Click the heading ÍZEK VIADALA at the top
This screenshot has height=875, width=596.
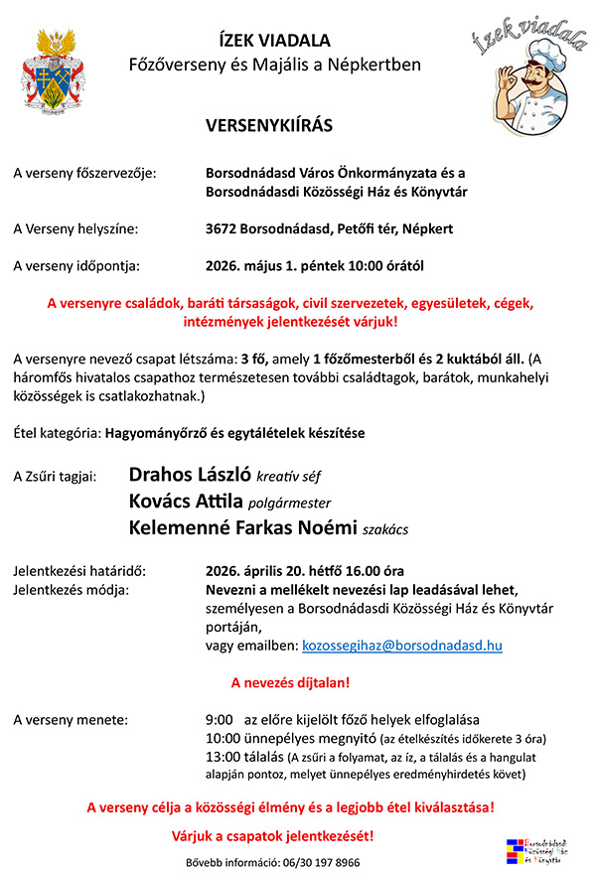(x=275, y=41)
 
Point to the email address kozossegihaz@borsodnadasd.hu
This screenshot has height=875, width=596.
(x=401, y=646)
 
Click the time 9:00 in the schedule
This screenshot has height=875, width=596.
(x=219, y=719)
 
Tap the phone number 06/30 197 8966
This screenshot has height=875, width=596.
(x=321, y=862)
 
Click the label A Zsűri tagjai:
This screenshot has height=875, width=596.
(x=55, y=478)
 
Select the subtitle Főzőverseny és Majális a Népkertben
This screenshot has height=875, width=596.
(x=275, y=66)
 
